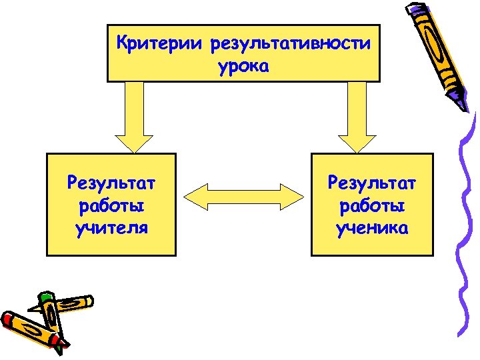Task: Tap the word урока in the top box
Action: click(x=243, y=67)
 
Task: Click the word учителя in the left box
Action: click(x=111, y=229)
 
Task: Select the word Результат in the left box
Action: click(x=111, y=182)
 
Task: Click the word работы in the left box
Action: click(x=111, y=206)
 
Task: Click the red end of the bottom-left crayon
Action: click(x=9, y=320)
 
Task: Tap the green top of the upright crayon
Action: click(x=46, y=296)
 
